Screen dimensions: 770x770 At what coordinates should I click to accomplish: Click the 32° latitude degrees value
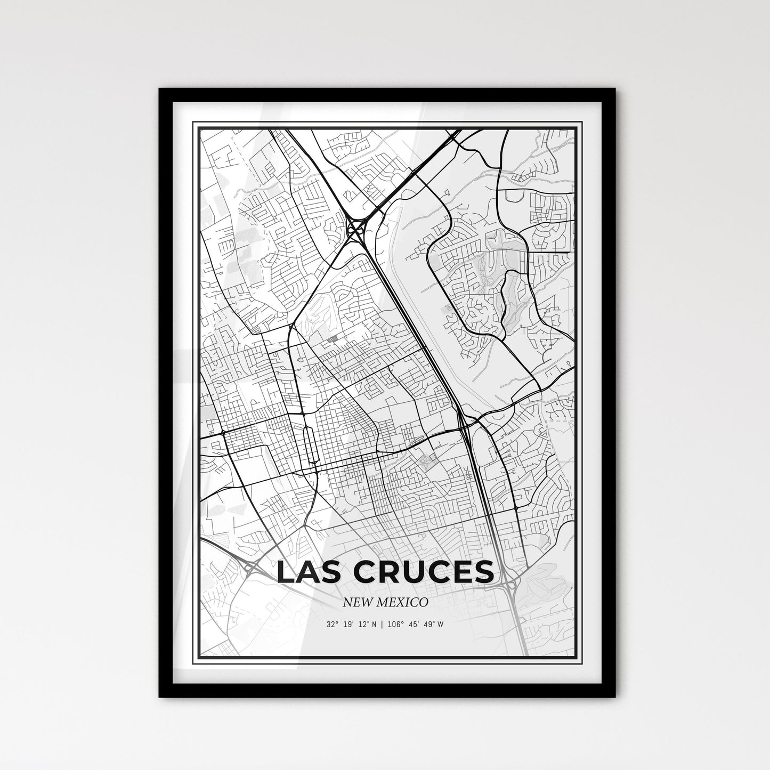[334, 624]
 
